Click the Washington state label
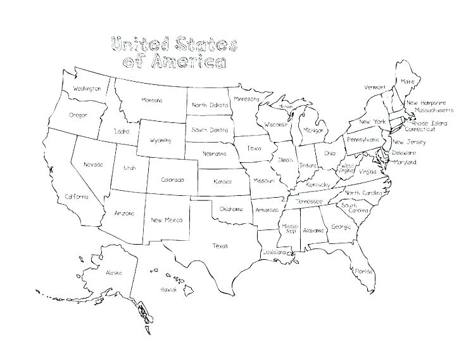coord(87,89)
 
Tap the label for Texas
coord(220,246)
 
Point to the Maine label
coord(408,82)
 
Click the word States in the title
coord(199,45)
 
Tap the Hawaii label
coord(168,289)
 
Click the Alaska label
coord(114,273)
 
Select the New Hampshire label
coord(426,103)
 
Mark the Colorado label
coord(172,180)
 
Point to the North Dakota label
coord(209,105)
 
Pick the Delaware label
coord(404,153)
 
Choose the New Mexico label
coord(167,220)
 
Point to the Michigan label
coord(313,130)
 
